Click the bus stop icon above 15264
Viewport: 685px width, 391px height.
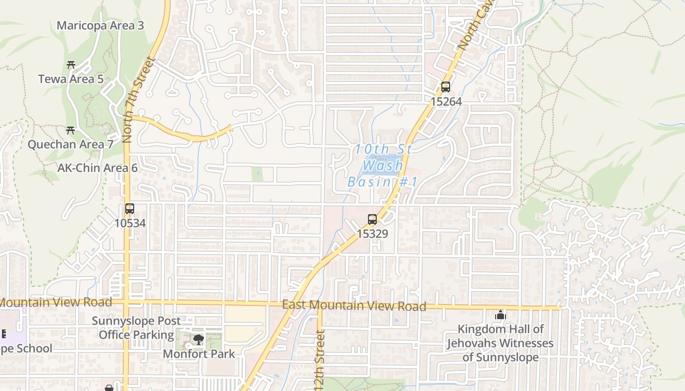click(445, 87)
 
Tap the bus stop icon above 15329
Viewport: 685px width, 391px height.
click(372, 219)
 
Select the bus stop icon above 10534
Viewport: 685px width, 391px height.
click(130, 209)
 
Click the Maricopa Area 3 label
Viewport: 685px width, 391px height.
click(100, 25)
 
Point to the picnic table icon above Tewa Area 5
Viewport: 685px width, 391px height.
click(71, 65)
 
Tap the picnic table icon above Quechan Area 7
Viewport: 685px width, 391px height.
click(70, 130)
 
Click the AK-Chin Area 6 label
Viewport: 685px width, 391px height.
click(97, 168)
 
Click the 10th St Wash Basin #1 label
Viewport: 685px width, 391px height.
click(383, 165)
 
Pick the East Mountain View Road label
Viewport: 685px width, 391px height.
click(354, 305)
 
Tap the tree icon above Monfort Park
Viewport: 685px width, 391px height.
click(198, 339)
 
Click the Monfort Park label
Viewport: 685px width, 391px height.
click(199, 353)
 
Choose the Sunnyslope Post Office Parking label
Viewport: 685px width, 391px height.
click(137, 328)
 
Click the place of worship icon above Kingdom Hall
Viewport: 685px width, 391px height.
click(500, 315)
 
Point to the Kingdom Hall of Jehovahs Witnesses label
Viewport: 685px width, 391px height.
click(500, 343)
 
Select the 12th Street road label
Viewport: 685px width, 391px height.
click(320, 362)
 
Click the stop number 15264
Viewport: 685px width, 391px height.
click(446, 102)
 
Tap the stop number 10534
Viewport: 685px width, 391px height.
click(130, 223)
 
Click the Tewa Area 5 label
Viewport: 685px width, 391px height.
click(71, 79)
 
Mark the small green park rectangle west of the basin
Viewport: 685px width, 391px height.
click(257, 174)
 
